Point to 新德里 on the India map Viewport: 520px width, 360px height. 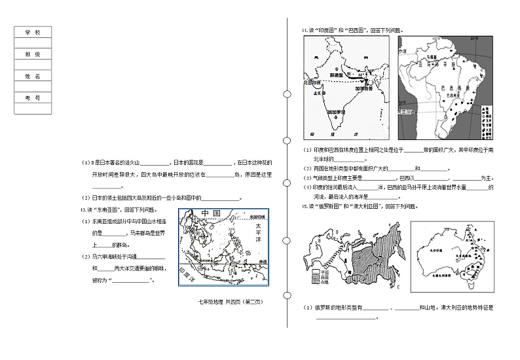pos(336,76)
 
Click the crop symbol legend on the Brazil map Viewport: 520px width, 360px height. pos(485,121)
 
